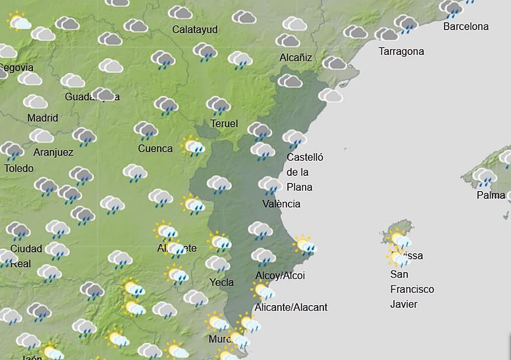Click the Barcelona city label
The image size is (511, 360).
[466, 27]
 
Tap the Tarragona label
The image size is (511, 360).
[401, 51]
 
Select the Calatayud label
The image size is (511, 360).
[195, 30]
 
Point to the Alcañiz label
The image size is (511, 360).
[295, 57]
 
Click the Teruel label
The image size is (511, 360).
[224, 124]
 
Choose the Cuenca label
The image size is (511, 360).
[155, 149]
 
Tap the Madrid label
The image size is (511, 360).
[42, 118]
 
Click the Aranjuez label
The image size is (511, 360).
[53, 152]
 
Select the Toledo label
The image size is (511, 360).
[19, 168]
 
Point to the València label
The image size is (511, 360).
[281, 204]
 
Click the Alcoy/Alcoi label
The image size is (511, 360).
[280, 276]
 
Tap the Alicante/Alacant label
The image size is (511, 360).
[291, 307]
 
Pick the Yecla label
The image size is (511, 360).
[222, 282]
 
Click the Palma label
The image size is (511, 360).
[491, 195]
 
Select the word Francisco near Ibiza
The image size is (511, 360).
[412, 289]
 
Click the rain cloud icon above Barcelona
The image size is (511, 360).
[451, 8]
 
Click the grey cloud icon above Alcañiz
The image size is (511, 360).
[287, 40]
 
